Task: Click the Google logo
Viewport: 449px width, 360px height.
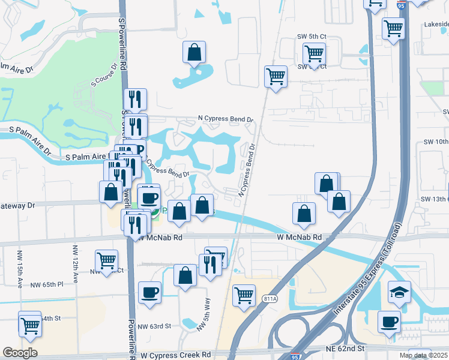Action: tap(20, 353)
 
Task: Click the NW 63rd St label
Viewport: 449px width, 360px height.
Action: tap(154, 326)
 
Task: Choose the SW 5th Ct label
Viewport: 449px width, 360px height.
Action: tap(312, 36)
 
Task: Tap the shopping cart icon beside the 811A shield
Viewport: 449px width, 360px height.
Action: tap(244, 295)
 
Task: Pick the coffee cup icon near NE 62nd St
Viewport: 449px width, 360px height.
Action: tap(389, 321)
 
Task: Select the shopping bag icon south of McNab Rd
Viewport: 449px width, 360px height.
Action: tap(185, 275)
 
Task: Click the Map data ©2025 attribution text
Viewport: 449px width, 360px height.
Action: tap(423, 355)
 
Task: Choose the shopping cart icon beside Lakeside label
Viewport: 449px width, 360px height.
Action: tap(393, 28)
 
